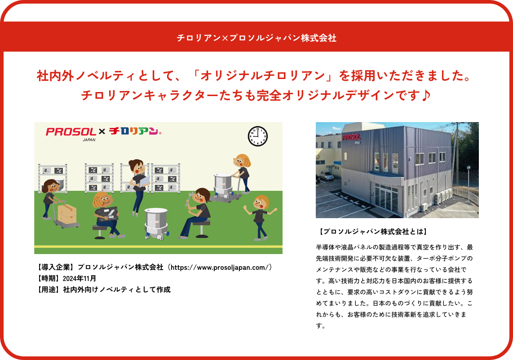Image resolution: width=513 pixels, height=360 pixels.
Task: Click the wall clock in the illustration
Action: (258, 136)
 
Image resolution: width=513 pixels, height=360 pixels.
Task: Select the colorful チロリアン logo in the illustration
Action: (135, 131)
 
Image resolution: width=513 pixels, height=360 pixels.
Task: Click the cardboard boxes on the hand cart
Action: (67, 214)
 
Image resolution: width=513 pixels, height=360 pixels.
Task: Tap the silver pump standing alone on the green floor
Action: (156, 224)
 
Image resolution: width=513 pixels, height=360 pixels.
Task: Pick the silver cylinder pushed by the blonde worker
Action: (224, 186)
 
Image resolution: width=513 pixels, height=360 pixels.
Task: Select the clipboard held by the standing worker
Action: (144, 181)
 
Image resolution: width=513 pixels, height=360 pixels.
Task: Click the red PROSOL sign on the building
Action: (351, 136)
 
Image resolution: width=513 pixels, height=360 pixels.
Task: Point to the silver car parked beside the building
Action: (326, 176)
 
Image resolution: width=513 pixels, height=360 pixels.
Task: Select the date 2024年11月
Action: (80, 279)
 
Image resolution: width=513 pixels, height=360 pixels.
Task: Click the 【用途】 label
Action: (49, 290)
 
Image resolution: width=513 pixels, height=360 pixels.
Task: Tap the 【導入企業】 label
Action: (55, 268)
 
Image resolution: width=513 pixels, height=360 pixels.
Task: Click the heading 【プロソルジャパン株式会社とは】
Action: (373, 232)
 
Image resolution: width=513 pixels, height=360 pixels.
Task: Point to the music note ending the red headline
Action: (425, 95)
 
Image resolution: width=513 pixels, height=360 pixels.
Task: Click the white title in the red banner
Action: (256, 38)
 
